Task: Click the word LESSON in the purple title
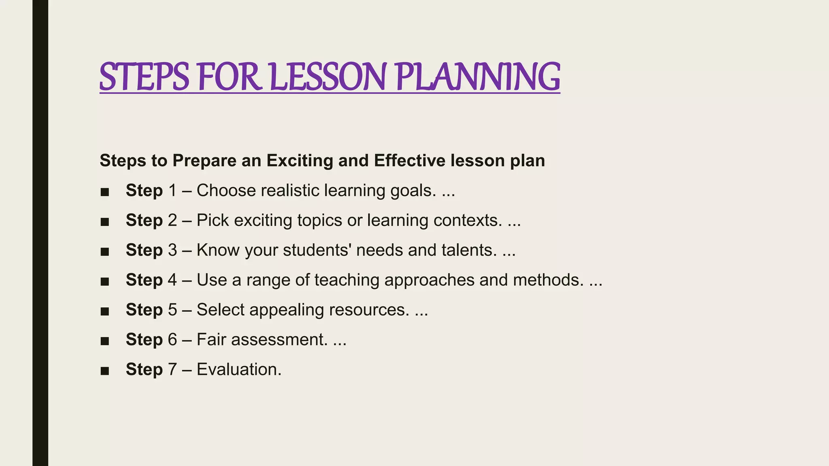[327, 77]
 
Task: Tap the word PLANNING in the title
[477, 77]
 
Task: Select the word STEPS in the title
[144, 77]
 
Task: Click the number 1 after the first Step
[172, 191]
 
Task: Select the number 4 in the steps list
[172, 280]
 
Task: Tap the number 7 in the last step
[172, 369]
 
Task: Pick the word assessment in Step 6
[279, 339]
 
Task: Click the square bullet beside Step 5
[105, 311]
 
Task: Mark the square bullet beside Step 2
[105, 222]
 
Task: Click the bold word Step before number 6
[144, 339]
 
